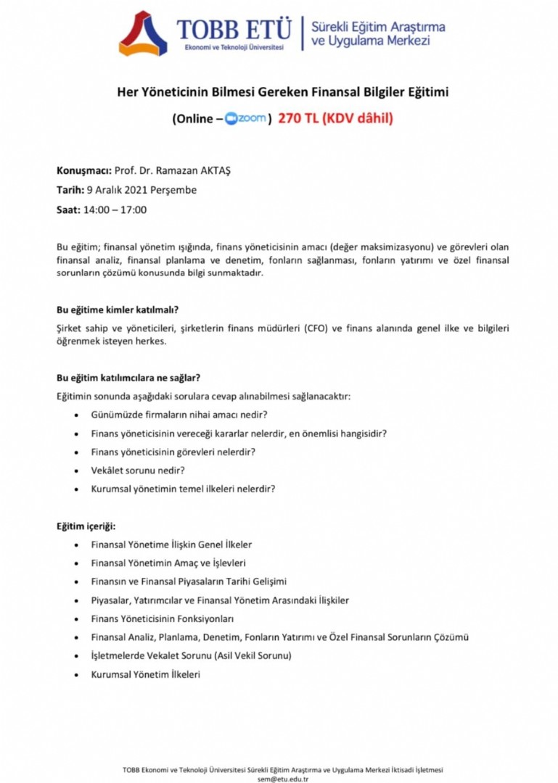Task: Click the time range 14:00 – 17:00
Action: point(116,210)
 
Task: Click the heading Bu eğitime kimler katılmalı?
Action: point(118,310)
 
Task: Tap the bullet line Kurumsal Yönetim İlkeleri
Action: point(145,674)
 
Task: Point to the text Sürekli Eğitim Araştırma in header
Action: point(378,27)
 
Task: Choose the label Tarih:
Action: point(70,191)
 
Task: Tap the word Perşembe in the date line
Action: point(179,191)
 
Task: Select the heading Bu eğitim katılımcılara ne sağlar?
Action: point(128,377)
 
